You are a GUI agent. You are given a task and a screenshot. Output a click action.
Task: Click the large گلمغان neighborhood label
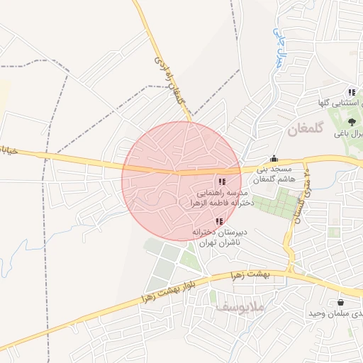[x=306, y=130]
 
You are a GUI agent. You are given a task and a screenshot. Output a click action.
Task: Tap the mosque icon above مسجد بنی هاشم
[x=274, y=159]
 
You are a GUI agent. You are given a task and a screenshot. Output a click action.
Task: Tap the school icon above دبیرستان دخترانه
[x=218, y=221]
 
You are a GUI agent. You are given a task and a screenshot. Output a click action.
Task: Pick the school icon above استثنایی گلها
[x=352, y=92]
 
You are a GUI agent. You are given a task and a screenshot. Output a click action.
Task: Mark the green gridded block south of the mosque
[x=275, y=206]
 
